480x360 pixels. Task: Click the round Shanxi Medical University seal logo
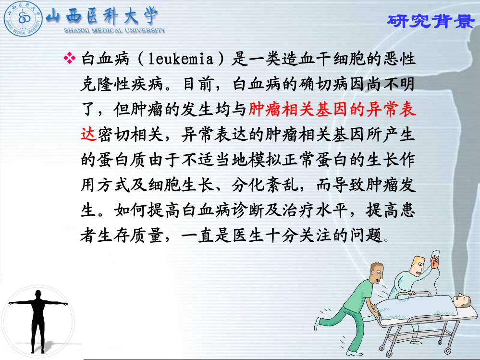coord(23,18)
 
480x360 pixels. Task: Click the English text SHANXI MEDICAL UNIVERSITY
coord(114,30)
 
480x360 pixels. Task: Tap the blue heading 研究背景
coord(431,21)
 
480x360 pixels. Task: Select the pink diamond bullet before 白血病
coord(69,58)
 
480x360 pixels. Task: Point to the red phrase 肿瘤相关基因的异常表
coord(332,109)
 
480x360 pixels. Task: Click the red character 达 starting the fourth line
coord(89,135)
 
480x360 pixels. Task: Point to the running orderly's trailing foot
coord(318,324)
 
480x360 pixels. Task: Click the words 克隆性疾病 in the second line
coord(123,84)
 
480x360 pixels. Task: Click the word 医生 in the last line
coord(248,236)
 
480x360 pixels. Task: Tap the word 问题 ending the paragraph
coord(367,236)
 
